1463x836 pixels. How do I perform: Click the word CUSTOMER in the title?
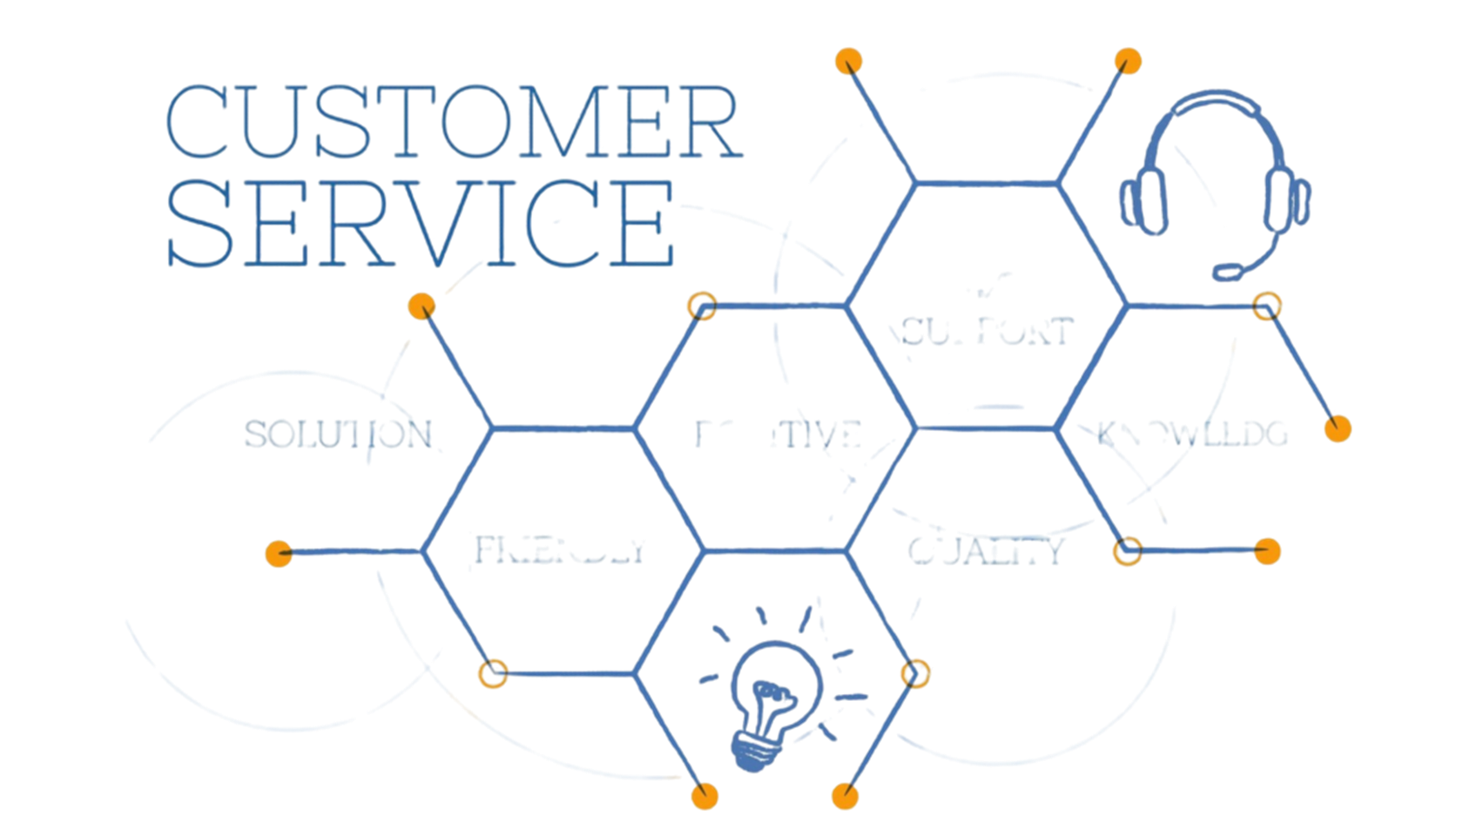pos(453,122)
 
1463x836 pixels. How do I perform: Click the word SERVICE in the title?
pos(421,223)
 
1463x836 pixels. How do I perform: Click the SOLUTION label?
pos(338,434)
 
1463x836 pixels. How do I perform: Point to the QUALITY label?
pos(986,550)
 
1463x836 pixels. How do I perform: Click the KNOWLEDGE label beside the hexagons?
pos(1193,433)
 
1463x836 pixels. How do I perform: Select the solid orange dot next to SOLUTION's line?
pos(421,307)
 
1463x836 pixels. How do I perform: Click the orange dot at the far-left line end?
pos(279,553)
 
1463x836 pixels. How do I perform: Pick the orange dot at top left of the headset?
pos(1128,62)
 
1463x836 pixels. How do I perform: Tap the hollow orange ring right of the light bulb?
pos(914,673)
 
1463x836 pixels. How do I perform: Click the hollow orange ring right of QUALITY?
pos(1128,551)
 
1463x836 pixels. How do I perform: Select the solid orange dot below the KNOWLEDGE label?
pos(1268,551)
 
